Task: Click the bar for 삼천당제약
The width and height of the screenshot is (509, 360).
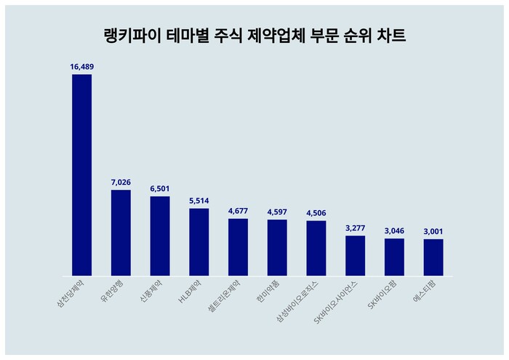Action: [81, 175]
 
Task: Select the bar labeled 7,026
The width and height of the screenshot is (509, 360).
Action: [121, 233]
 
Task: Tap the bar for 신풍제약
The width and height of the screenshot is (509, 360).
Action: [160, 236]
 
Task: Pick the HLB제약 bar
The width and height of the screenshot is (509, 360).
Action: [199, 242]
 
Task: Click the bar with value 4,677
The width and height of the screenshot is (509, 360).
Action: [238, 247]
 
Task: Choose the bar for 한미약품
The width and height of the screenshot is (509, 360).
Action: [277, 247]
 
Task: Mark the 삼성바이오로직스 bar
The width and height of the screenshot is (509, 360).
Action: [316, 248]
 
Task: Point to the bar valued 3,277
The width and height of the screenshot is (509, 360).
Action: [356, 255]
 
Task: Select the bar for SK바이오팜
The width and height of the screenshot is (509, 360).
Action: [394, 257]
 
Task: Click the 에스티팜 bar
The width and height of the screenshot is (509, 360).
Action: [433, 257]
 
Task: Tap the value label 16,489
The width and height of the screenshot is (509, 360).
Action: [81, 67]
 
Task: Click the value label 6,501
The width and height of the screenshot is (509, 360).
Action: [160, 188]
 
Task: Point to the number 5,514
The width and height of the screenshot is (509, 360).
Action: [199, 201]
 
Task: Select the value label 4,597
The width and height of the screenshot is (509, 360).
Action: [277, 212]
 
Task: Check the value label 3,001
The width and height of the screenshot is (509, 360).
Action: [433, 231]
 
